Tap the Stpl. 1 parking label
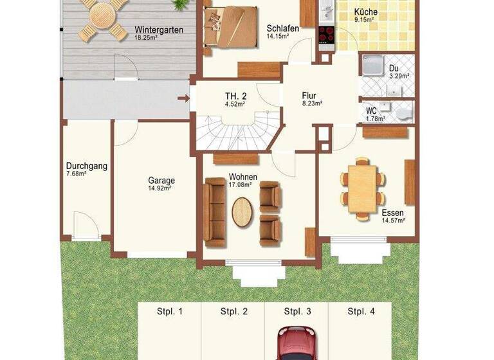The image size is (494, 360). (170, 312)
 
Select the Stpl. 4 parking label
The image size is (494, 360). (361, 312)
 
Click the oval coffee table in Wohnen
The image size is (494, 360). (242, 212)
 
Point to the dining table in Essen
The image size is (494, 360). (363, 188)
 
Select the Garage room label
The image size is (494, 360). (161, 181)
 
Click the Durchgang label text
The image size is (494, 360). (86, 166)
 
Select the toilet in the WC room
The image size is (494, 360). (403, 114)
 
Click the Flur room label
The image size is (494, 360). (309, 96)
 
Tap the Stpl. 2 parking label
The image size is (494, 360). (234, 312)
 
